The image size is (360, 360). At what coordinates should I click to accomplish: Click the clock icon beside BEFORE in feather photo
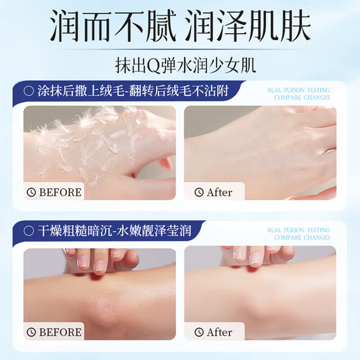coord(31,193)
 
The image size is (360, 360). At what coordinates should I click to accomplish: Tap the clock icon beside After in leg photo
coord(199,333)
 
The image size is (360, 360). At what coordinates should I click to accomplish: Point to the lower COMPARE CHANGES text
coord(302,237)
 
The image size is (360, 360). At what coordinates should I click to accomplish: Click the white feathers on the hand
coord(90,135)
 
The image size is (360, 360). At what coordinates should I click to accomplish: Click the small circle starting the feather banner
coord(29,92)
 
